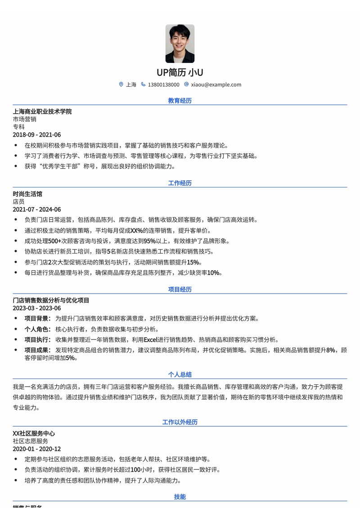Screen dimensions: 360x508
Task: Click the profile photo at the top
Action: tap(180, 44)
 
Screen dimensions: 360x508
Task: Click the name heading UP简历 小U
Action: tap(180, 72)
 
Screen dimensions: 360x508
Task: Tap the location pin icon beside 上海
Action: tap(121, 85)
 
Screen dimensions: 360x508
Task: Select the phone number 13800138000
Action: tap(163, 85)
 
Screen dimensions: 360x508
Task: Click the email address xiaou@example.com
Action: tap(216, 85)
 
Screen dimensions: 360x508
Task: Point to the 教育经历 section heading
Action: tap(180, 101)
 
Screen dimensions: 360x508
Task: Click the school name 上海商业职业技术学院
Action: tap(42, 111)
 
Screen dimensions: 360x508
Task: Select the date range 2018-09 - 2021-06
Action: tap(37, 135)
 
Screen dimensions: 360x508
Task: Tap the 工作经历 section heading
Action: tap(180, 183)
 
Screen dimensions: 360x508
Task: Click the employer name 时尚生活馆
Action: tap(27, 194)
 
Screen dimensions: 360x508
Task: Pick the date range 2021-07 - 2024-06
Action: tap(37, 209)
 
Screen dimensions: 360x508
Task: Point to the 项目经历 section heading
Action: tap(180, 290)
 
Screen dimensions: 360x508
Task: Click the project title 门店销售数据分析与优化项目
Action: tap(51, 300)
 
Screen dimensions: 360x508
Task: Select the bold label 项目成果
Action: tap(37, 350)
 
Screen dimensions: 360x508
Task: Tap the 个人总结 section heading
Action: tap(180, 374)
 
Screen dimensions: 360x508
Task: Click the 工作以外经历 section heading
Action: tap(180, 422)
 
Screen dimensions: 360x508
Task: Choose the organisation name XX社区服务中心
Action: tap(34, 433)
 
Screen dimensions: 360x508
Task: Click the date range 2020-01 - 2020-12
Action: tap(37, 449)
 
